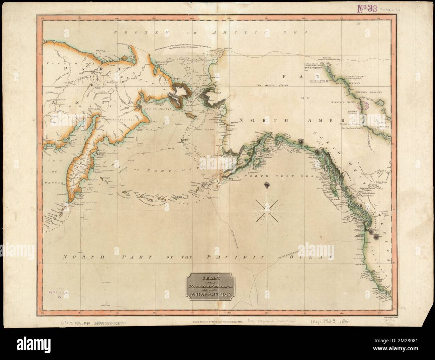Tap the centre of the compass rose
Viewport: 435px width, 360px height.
click(267, 210)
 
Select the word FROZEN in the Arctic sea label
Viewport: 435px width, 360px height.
click(130, 32)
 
